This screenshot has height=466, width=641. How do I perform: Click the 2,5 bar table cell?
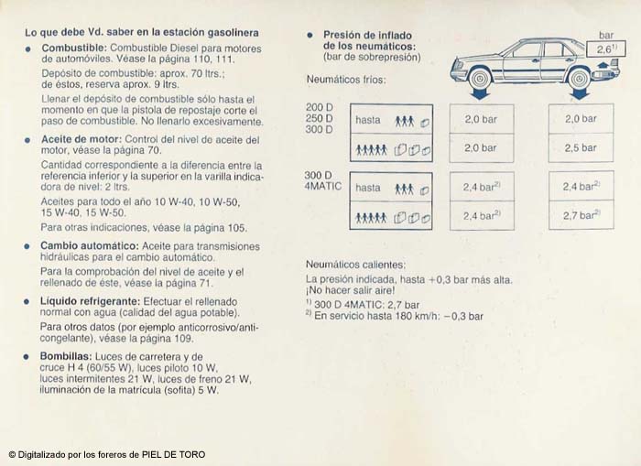coord(580,147)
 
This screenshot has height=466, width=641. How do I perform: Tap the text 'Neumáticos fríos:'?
coord(345,80)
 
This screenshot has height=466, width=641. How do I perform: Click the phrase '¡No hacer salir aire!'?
coord(357,291)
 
